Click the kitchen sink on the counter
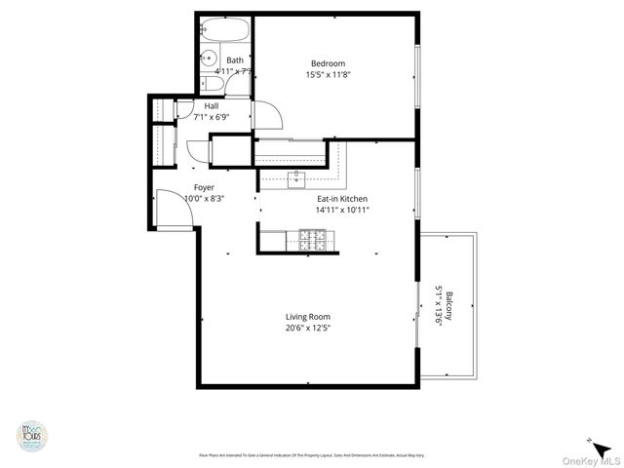pyautogui.click(x=298, y=177)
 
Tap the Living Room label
pyautogui.click(x=307, y=317)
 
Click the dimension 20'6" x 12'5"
pyautogui.click(x=307, y=328)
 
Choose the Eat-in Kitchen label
pyautogui.click(x=340, y=199)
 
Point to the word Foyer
pyautogui.click(x=204, y=187)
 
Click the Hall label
pyautogui.click(x=211, y=106)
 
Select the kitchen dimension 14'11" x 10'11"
pyautogui.click(x=340, y=210)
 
